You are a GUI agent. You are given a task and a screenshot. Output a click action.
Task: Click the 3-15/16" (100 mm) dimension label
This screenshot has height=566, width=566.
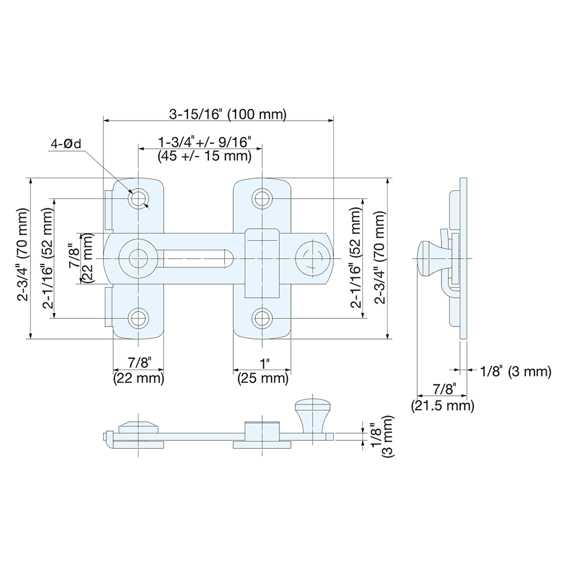click(x=228, y=114)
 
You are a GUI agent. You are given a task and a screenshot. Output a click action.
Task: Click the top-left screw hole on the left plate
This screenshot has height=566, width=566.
click(x=138, y=199)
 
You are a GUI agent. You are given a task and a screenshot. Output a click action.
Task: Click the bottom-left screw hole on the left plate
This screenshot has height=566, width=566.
click(x=138, y=318)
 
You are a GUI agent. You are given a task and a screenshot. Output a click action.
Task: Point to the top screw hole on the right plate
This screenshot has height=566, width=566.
click(x=261, y=199)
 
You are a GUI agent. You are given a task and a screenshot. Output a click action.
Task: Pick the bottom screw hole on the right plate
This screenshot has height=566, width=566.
click(x=261, y=318)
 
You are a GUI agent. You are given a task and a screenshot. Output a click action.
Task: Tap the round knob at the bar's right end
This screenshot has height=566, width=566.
click(x=311, y=259)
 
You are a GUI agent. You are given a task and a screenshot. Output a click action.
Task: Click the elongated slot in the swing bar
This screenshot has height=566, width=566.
click(x=198, y=259)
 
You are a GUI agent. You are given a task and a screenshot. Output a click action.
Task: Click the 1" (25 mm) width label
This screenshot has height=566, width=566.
click(x=263, y=371)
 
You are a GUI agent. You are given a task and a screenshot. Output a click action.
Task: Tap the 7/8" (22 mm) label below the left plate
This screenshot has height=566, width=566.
click(x=138, y=371)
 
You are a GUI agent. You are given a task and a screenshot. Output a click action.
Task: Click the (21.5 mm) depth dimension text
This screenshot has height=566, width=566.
click(x=441, y=405)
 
